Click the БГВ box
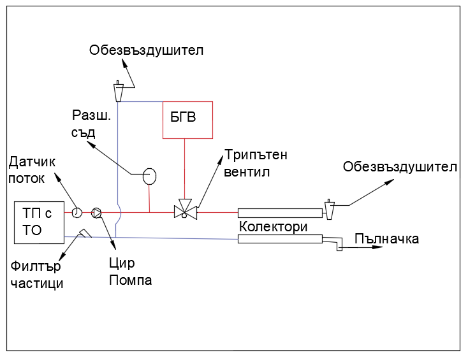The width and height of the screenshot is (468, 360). (x=187, y=120)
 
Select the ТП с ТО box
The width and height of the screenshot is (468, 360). (x=40, y=222)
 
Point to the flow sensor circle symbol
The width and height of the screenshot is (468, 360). (x=77, y=212)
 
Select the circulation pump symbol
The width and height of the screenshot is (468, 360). (x=96, y=212)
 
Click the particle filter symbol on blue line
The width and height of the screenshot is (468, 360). (x=84, y=234)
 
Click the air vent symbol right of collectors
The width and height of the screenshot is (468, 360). (x=330, y=209)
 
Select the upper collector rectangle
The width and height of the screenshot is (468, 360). (x=280, y=213)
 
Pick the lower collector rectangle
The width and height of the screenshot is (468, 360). (x=280, y=239)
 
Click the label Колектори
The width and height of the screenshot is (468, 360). (x=274, y=226)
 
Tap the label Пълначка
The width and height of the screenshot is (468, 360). (x=387, y=239)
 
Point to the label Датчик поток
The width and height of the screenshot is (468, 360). (x=32, y=170)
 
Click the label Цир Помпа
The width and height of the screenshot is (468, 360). (x=130, y=271)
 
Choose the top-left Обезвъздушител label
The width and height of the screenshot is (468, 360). (x=147, y=50)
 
